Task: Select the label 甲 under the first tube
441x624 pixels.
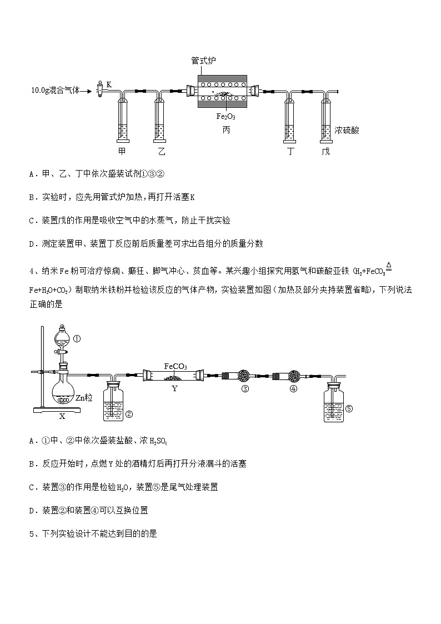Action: [x=122, y=151]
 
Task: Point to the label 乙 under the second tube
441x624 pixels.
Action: [x=161, y=151]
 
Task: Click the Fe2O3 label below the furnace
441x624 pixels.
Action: [x=225, y=117]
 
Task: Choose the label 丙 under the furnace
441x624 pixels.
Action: [x=226, y=130]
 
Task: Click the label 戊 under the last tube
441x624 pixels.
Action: [x=325, y=151]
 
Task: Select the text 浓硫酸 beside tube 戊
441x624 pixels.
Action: [x=347, y=131]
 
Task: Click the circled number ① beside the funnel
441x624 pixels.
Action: [x=77, y=338]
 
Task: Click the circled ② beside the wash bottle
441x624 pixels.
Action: [x=128, y=413]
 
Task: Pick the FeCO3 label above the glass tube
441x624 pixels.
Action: [x=176, y=366]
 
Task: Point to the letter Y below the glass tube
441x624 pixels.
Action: [x=174, y=389]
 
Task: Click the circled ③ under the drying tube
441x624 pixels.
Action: [x=245, y=389]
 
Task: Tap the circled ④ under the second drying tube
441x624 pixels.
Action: [x=293, y=389]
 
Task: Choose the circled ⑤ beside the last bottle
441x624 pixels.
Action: [x=349, y=408]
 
